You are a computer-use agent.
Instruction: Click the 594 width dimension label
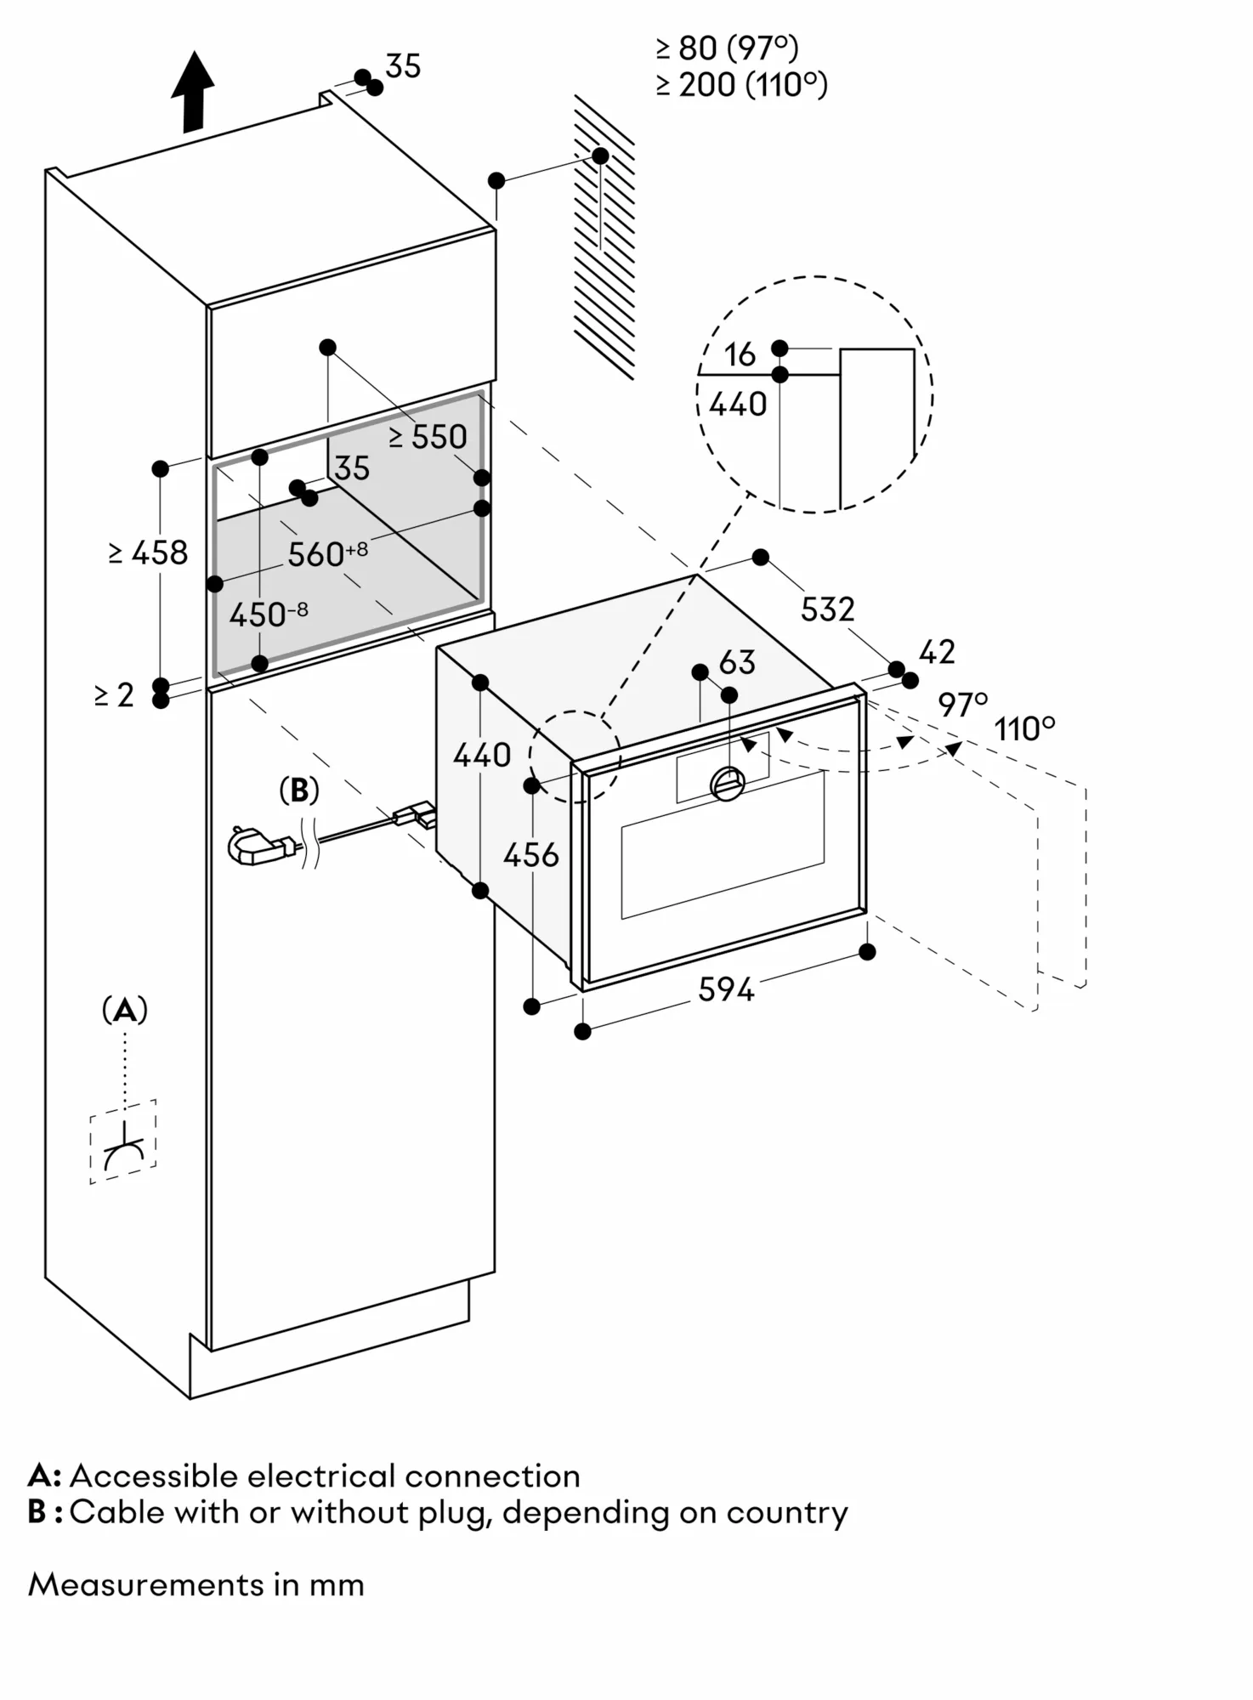tap(726, 989)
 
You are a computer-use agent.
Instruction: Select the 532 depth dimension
tap(827, 609)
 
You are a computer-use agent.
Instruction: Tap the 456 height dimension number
tap(530, 855)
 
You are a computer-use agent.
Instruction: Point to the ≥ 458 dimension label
tap(149, 553)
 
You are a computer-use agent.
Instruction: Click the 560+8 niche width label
tap(326, 554)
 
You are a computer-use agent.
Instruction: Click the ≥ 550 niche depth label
tap(428, 437)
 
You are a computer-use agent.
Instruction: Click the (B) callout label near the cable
tap(299, 790)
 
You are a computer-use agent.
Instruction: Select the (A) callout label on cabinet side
tap(124, 1011)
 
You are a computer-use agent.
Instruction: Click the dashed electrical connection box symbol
tap(123, 1142)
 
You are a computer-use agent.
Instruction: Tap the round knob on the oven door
tap(728, 782)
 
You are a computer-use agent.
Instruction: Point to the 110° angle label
tap(1024, 729)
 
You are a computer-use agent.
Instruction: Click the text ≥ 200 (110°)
tap(741, 85)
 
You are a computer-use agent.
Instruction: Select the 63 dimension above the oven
tap(737, 663)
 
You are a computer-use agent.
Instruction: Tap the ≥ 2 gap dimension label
tap(114, 695)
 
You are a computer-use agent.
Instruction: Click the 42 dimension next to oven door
tap(937, 652)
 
